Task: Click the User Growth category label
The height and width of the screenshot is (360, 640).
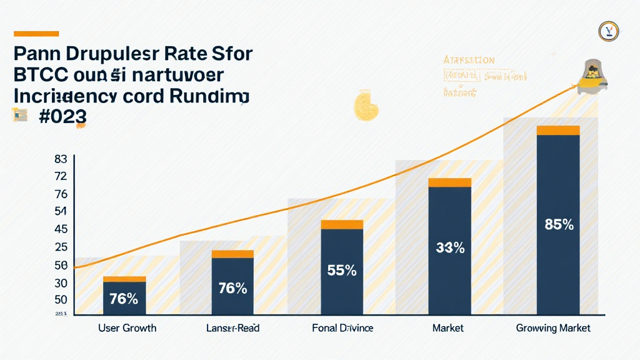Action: tap(127, 328)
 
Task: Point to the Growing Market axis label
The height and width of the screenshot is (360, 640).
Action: tap(552, 328)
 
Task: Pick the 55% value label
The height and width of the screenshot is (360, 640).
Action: tap(342, 271)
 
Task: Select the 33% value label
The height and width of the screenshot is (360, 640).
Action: tap(450, 247)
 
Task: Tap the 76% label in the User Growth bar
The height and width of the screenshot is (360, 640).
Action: tap(124, 299)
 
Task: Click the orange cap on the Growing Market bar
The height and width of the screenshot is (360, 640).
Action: tap(558, 130)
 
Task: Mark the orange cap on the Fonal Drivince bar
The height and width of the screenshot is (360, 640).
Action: tap(342, 224)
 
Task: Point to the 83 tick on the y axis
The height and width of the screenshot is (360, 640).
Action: tap(61, 159)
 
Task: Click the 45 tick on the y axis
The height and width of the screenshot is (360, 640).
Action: tap(61, 229)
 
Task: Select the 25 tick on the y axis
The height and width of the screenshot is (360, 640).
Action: tap(61, 247)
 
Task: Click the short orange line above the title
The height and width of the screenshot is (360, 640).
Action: tap(36, 34)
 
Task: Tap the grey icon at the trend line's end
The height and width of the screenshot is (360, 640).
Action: tap(591, 78)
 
